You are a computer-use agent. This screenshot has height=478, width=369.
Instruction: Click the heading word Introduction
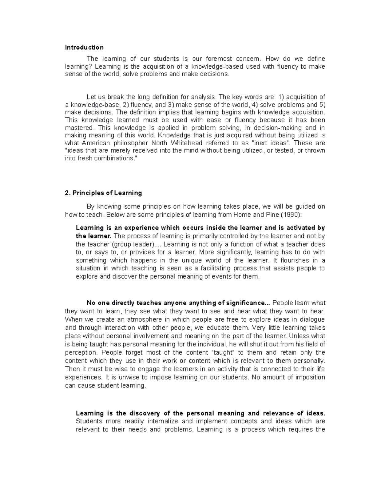tap(84, 47)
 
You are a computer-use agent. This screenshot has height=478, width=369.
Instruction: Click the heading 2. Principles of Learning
tap(103, 193)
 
